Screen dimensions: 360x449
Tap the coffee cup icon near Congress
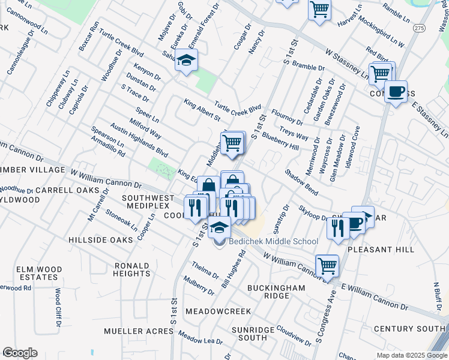point(396,92)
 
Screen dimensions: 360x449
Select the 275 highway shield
point(420,28)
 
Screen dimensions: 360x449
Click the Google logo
point(20,353)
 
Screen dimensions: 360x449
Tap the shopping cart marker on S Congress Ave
point(327,265)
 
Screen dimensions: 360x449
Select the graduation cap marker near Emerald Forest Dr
point(187,61)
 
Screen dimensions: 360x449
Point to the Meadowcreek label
point(218,311)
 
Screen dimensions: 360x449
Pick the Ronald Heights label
point(131,269)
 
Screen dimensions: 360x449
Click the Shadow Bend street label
point(301,181)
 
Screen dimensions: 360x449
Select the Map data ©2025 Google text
point(411,355)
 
